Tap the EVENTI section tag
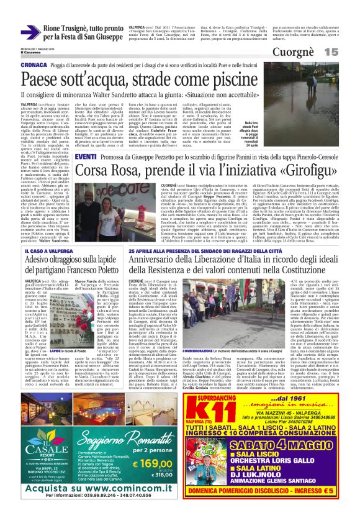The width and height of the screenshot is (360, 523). [85, 157]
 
